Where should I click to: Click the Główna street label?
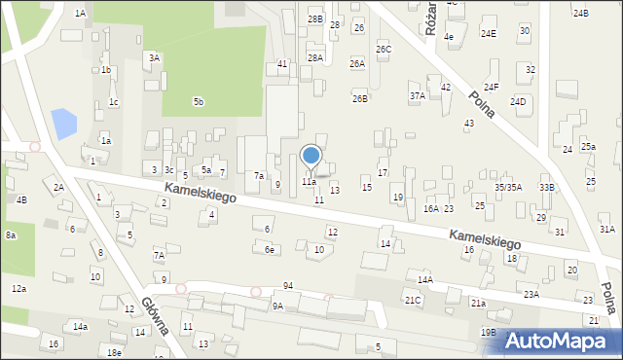point(155,315)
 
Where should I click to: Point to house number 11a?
point(309,182)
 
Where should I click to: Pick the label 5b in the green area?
point(199,101)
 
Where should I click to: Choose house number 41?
point(282,63)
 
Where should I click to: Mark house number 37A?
point(418,96)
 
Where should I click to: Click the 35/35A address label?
point(508,187)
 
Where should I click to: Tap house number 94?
point(288,285)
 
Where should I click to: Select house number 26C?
point(384,49)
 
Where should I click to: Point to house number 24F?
point(492,88)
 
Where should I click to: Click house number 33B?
point(547,187)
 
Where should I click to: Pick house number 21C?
point(413,301)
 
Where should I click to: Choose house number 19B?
point(488,333)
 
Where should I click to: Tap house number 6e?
point(270,250)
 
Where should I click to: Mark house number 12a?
point(18,289)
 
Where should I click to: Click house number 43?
point(469,124)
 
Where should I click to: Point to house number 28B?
point(314,18)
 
